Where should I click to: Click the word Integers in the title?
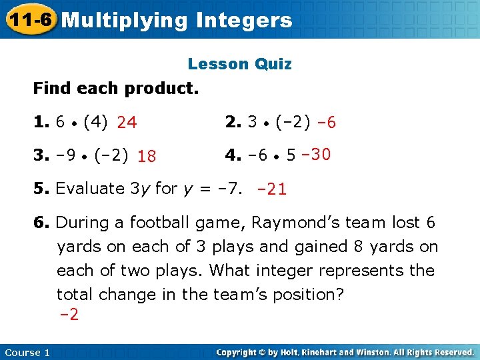[x=245, y=20]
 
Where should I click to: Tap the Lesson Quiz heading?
[x=239, y=64]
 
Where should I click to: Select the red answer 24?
[x=127, y=123]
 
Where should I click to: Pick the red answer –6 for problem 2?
[x=325, y=123]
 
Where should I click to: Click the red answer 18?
[x=147, y=157]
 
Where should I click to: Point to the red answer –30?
[x=316, y=155]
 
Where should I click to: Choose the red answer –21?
[x=271, y=189]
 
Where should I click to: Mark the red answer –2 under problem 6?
[x=69, y=315]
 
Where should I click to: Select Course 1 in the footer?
[x=27, y=352]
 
